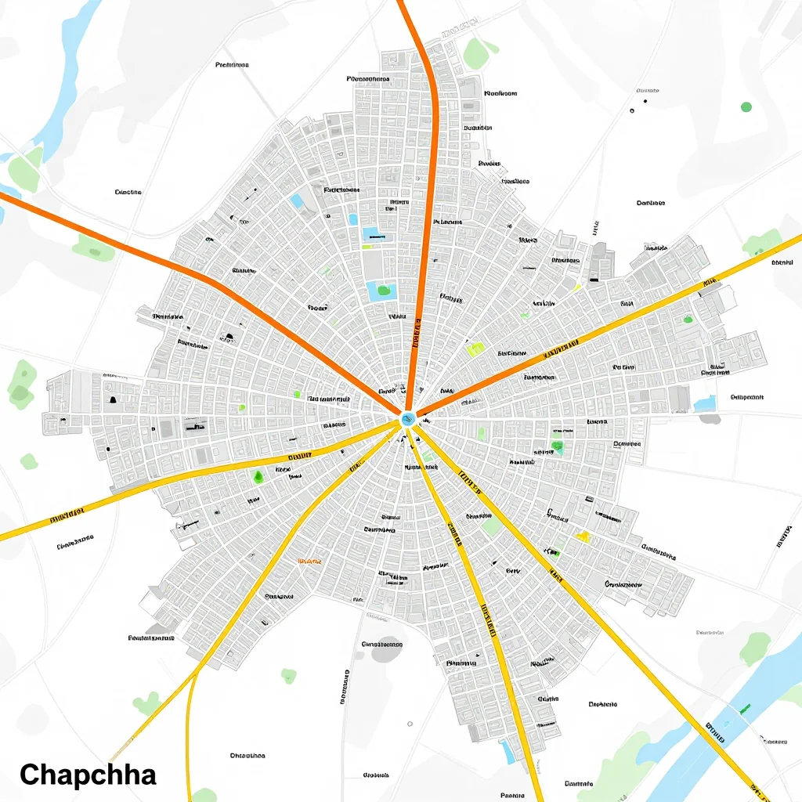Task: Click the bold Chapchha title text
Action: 88,775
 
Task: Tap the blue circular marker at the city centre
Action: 407,420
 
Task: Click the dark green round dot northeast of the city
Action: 746,107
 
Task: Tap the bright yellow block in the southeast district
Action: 582,536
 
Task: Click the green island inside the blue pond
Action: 383,291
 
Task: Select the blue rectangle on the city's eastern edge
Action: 704,403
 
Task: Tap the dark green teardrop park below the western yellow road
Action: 258,475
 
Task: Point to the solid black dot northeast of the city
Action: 632,111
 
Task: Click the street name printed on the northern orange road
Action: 416,333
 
